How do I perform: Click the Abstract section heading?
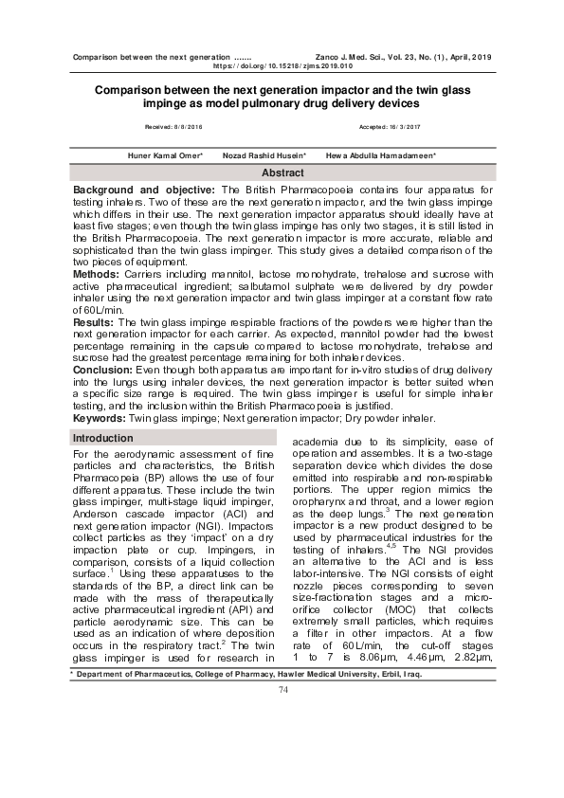click(x=282, y=173)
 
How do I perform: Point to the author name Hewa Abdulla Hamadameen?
click(x=381, y=154)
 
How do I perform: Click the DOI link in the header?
click(x=282, y=67)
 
